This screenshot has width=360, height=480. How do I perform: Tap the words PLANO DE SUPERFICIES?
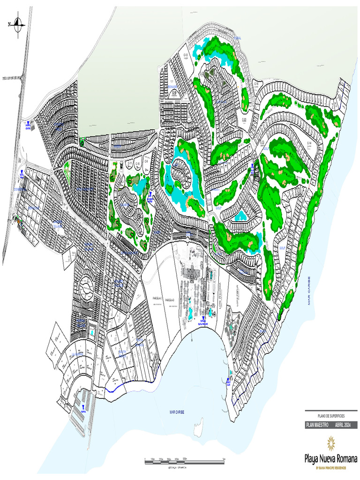pyautogui.click(x=330, y=416)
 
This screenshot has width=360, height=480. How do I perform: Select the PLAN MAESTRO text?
pyautogui.click(x=317, y=425)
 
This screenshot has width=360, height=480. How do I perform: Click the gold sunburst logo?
pyautogui.click(x=331, y=442)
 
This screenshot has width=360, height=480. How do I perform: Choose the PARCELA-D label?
pyautogui.click(x=169, y=299)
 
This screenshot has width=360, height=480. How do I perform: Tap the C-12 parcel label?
pyautogui.click(x=185, y=55)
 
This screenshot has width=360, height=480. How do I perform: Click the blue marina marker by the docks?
pyautogui.click(x=83, y=407)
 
